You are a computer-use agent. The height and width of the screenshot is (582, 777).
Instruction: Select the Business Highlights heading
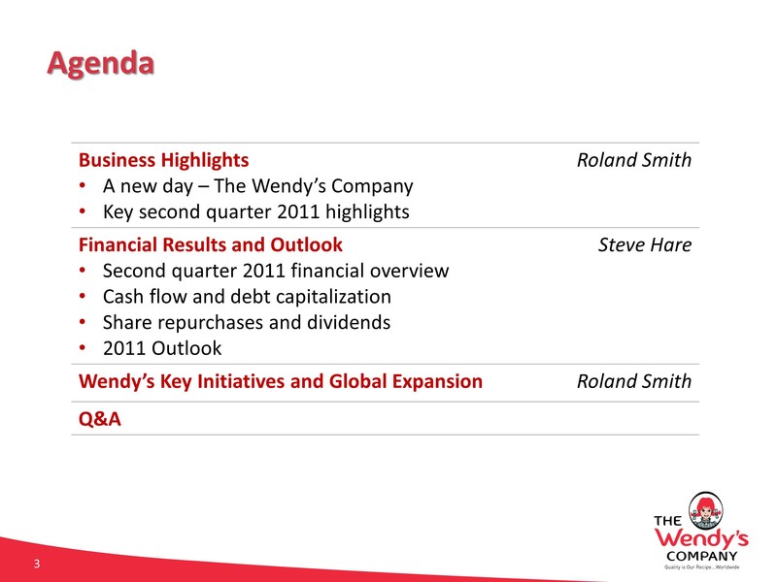(x=163, y=160)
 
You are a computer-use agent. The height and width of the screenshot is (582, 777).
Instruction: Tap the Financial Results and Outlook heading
(x=211, y=245)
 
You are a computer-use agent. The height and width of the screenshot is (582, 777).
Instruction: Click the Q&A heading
(x=100, y=419)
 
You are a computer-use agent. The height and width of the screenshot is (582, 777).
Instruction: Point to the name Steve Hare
(x=645, y=245)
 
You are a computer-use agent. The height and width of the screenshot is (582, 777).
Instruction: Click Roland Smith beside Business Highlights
(x=634, y=160)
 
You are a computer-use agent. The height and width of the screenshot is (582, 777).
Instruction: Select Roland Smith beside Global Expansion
(x=634, y=381)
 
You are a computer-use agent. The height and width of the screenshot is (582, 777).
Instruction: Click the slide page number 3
(x=37, y=564)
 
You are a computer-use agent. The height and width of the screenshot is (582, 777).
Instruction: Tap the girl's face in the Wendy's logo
(x=706, y=511)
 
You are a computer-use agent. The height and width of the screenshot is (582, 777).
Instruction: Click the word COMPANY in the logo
(x=701, y=556)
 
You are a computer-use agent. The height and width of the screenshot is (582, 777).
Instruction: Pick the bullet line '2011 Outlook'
(x=162, y=348)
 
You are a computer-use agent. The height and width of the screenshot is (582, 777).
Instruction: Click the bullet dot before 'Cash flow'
(x=83, y=297)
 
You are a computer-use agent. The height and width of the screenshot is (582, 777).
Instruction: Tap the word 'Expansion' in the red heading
(x=437, y=381)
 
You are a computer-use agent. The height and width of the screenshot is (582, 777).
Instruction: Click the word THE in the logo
(x=667, y=521)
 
